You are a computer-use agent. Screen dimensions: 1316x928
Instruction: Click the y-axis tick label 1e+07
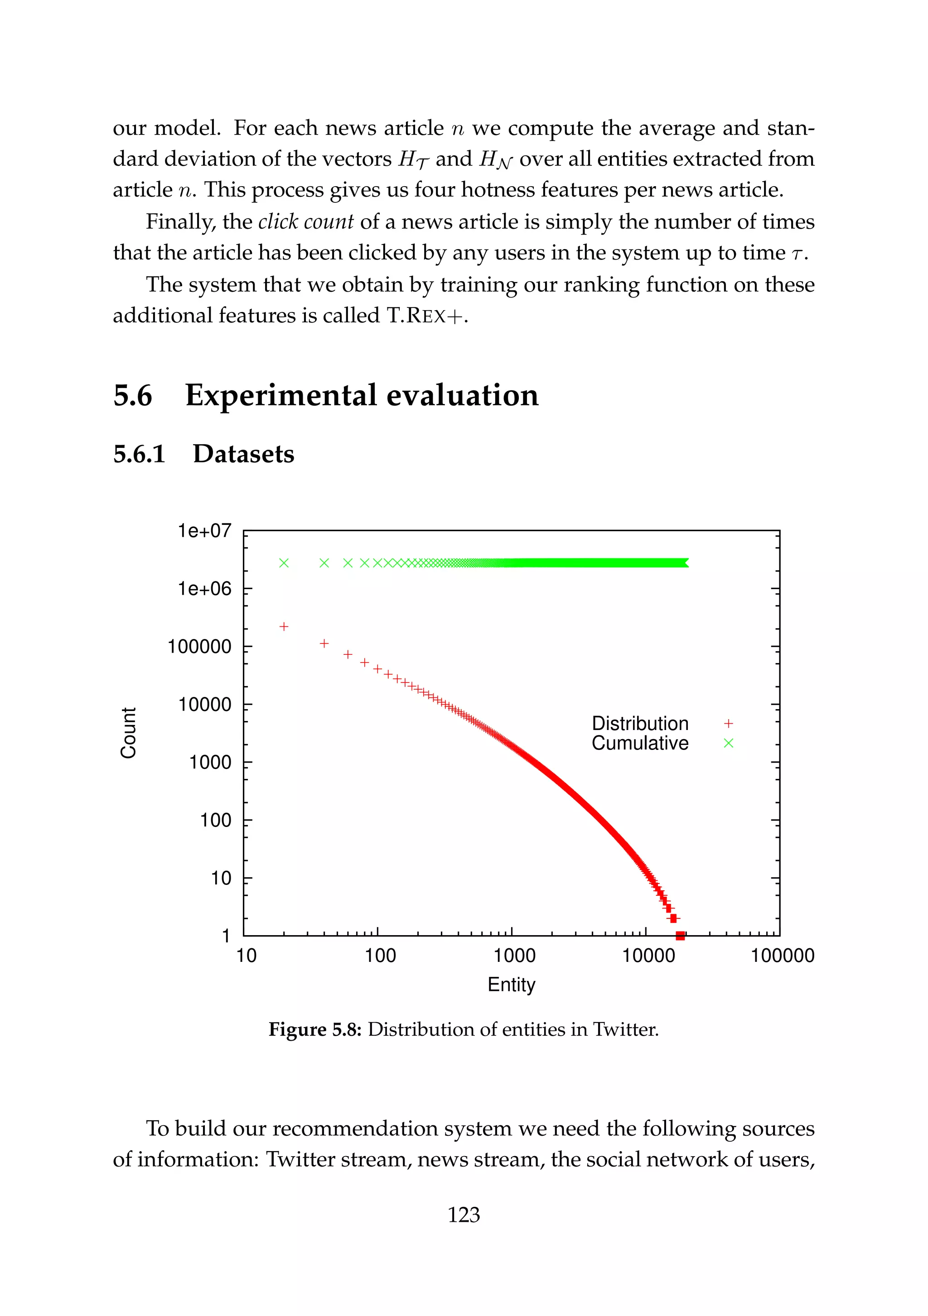point(204,531)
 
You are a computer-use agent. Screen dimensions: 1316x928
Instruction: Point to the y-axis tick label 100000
point(199,647)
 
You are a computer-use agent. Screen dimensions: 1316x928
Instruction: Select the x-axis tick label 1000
point(514,956)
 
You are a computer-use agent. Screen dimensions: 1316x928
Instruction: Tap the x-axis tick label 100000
point(782,956)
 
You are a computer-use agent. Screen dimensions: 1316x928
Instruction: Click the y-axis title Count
point(129,733)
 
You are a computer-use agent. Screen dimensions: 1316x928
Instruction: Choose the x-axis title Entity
point(511,984)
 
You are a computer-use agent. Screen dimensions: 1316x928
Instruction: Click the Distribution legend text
point(639,723)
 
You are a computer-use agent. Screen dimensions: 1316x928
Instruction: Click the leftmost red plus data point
point(283,626)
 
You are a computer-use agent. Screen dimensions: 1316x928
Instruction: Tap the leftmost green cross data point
point(283,563)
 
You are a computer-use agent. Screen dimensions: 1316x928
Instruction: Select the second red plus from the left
point(324,644)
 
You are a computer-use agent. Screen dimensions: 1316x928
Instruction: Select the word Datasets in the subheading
point(243,454)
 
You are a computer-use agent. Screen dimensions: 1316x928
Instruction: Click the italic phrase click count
point(306,222)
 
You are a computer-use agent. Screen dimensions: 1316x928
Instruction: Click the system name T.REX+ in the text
point(426,316)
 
